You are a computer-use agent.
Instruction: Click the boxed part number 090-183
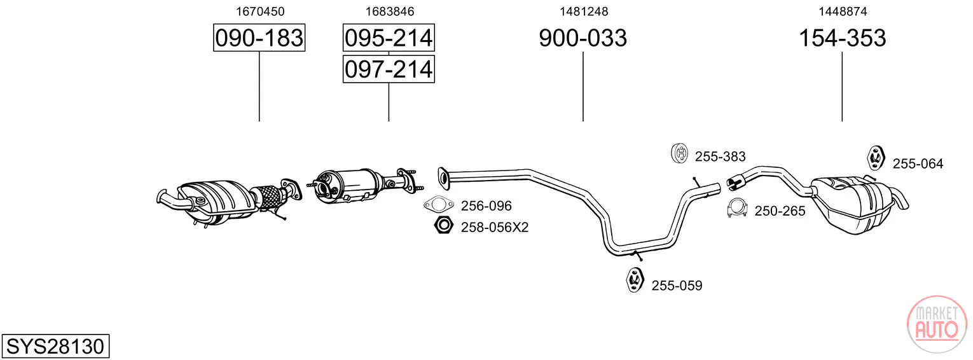(259, 38)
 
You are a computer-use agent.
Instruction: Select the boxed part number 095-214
(389, 38)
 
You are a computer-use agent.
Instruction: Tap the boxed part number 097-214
(389, 69)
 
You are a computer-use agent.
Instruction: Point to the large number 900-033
(583, 38)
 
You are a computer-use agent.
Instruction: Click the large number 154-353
(842, 38)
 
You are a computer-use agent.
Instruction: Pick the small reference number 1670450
(259, 11)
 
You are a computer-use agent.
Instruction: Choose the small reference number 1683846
(390, 11)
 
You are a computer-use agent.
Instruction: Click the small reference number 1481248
(583, 11)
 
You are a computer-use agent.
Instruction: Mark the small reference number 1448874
(843, 11)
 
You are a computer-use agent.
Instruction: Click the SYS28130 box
(55, 346)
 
